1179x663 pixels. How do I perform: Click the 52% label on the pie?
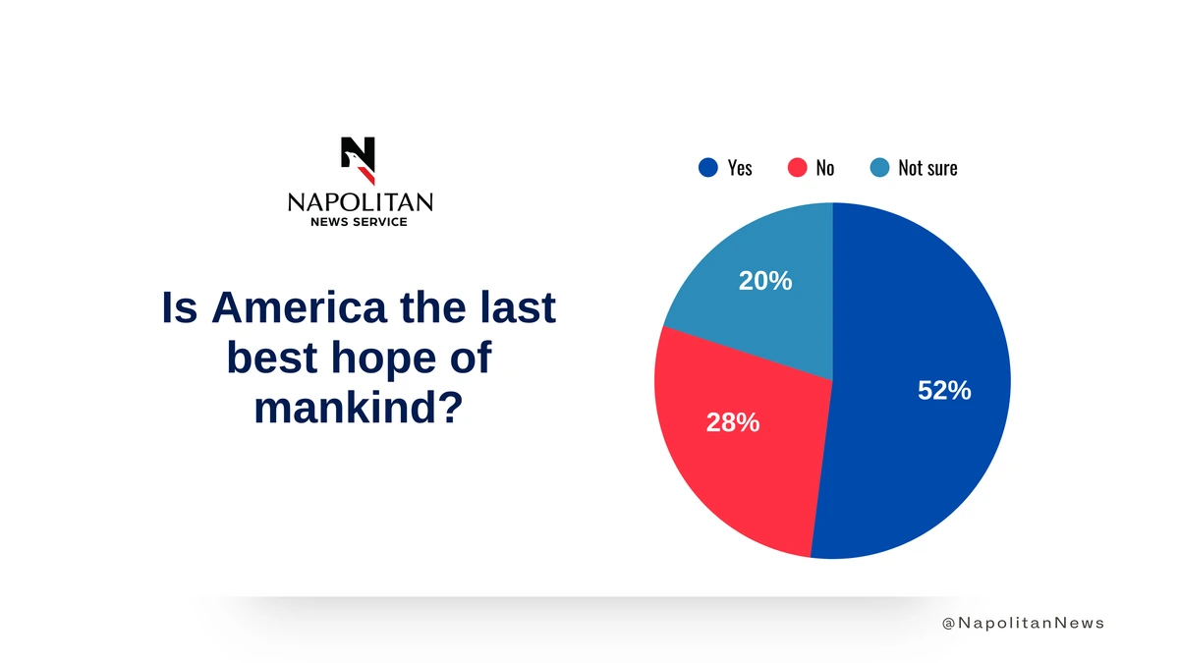click(x=944, y=391)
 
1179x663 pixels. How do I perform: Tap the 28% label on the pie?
click(x=733, y=422)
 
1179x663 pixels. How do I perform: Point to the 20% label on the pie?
click(x=765, y=281)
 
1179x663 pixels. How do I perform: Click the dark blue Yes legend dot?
click(x=708, y=168)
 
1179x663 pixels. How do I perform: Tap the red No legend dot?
click(x=797, y=168)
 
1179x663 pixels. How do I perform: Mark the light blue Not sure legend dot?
click(x=879, y=168)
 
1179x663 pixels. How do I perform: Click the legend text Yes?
click(x=740, y=168)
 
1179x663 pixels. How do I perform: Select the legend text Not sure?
click(x=927, y=168)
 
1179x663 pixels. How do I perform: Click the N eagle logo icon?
click(x=358, y=160)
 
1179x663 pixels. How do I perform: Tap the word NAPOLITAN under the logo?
click(x=361, y=202)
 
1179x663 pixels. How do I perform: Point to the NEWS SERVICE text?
click(x=359, y=222)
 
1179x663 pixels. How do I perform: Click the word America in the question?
click(x=299, y=307)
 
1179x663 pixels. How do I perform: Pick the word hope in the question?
click(x=383, y=359)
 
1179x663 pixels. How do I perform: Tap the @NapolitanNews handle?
click(x=1023, y=623)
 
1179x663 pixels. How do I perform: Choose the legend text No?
click(x=824, y=168)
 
